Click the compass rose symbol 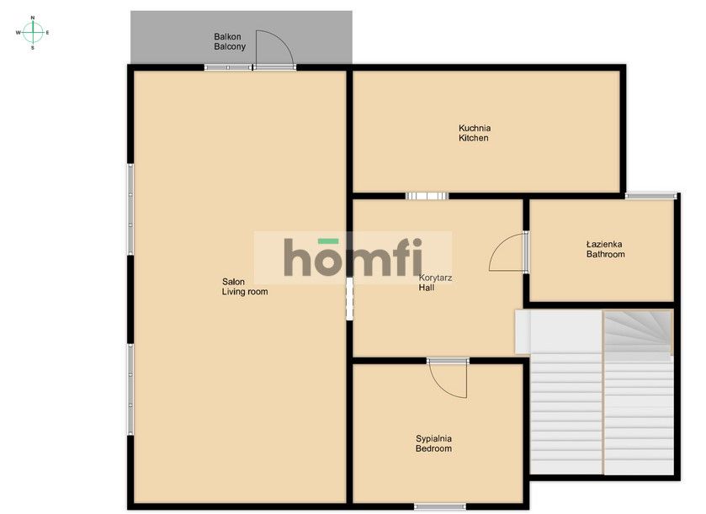tap(33, 33)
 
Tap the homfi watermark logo tap(353, 257)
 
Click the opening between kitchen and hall tap(427, 196)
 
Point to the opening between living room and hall tap(349, 299)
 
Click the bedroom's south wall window tap(440, 506)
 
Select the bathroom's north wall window tap(650, 196)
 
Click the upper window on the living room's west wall tap(130, 209)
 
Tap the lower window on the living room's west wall tap(130, 389)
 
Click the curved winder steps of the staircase tap(638, 332)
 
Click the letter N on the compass tap(33, 18)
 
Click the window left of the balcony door tap(228, 67)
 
